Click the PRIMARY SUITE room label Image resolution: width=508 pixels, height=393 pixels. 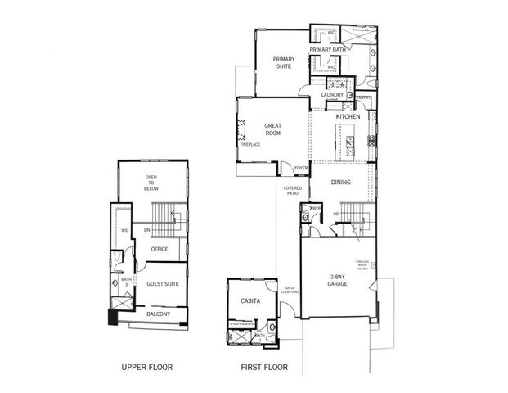coord(283,62)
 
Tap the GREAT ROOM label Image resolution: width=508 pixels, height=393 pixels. coord(272,129)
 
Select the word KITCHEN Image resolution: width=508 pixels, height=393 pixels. coord(348,117)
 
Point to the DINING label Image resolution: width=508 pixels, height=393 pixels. coord(341,182)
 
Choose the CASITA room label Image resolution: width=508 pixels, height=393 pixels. coord(250,300)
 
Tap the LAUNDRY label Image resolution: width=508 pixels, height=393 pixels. coord(331,95)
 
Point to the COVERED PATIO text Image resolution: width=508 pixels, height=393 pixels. coord(292,191)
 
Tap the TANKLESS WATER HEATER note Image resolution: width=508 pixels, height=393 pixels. coord(362,266)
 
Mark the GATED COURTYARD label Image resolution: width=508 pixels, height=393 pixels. coord(290,291)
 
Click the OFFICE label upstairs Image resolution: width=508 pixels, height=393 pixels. coord(159,249)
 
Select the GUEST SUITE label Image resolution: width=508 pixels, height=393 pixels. coord(162,284)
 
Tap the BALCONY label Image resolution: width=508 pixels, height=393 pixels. coord(158,314)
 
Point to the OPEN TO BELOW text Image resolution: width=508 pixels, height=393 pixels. coord(152,183)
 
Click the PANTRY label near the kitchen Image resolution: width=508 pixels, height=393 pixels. coord(364,98)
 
